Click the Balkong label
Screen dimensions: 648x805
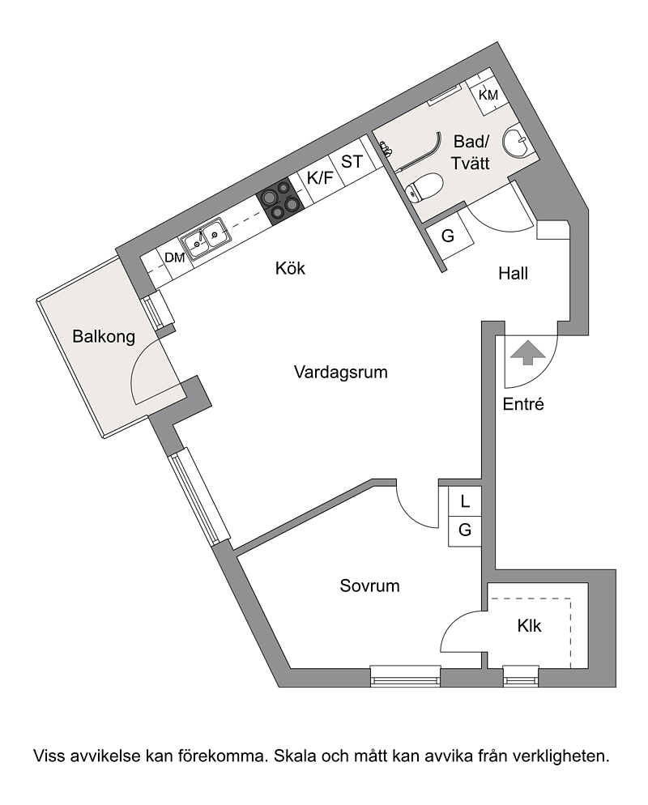(104, 337)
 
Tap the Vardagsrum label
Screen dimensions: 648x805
(340, 372)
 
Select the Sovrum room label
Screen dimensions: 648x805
(369, 586)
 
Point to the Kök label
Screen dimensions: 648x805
(290, 268)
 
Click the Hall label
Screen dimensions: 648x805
(513, 274)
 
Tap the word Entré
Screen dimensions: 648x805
(523, 404)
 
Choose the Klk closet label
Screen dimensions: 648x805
(530, 626)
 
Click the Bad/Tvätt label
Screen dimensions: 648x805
(471, 152)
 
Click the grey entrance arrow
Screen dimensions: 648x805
(528, 352)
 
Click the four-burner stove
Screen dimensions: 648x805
(279, 202)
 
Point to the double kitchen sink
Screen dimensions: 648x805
(205, 239)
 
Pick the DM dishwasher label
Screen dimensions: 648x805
(175, 258)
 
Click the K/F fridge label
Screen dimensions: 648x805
(321, 178)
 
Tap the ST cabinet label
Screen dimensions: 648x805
(352, 162)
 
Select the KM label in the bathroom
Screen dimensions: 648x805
(488, 95)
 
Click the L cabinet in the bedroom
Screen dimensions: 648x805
(465, 501)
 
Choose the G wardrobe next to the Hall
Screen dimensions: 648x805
(448, 236)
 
